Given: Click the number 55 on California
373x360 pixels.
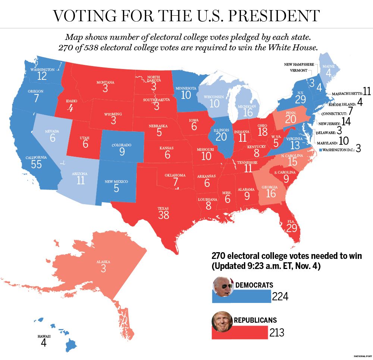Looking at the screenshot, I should [37, 165].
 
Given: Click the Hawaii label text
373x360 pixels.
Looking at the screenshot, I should [44, 336].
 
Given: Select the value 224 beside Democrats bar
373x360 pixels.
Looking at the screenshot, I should [280, 297].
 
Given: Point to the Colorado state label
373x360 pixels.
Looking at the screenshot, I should [122, 145].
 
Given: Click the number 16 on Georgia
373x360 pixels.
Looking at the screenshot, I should [271, 193].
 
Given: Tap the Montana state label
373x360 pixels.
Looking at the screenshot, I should [105, 82].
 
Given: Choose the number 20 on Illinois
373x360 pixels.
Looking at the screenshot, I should [221, 137].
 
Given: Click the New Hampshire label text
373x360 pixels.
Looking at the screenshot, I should [299, 65].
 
